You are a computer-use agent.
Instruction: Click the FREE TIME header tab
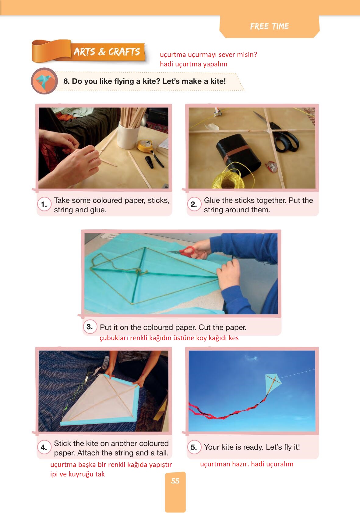pyautogui.click(x=269, y=26)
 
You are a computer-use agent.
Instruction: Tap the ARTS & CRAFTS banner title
pyautogui.click(x=107, y=52)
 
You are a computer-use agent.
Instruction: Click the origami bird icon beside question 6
pyautogui.click(x=44, y=81)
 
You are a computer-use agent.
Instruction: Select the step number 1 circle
pyautogui.click(x=44, y=204)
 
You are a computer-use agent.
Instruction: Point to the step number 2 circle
pyautogui.click(x=194, y=204)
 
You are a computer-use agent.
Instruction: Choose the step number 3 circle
pyautogui.click(x=90, y=327)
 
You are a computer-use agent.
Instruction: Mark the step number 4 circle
pyautogui.click(x=44, y=447)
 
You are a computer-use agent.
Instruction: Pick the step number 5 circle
pyautogui.click(x=194, y=447)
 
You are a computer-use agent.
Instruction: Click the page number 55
pyautogui.click(x=175, y=481)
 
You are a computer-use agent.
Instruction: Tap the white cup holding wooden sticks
pyautogui.click(x=128, y=135)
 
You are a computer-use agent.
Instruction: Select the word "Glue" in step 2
pyautogui.click(x=212, y=200)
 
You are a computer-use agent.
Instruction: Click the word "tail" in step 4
pyautogui.click(x=163, y=453)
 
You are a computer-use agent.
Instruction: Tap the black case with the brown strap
pyautogui.click(x=238, y=154)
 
